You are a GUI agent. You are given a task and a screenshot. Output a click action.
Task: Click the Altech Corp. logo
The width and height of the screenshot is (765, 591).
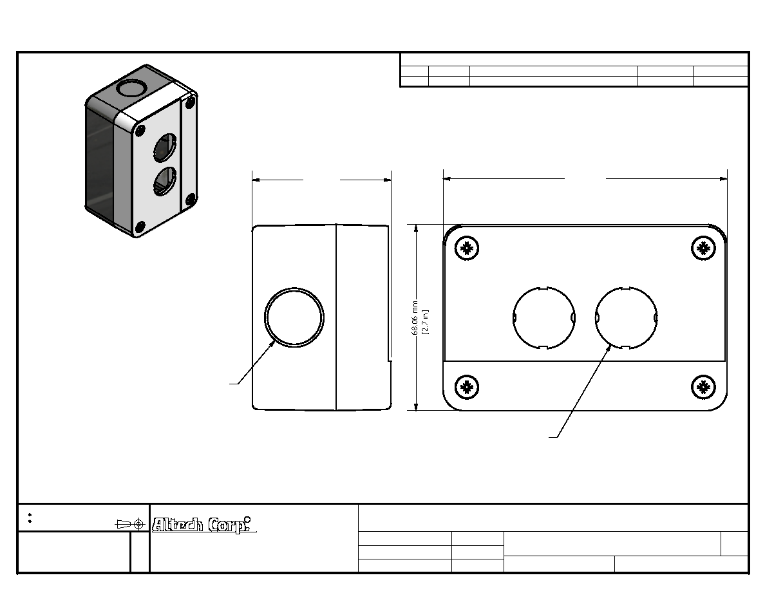[x=203, y=525]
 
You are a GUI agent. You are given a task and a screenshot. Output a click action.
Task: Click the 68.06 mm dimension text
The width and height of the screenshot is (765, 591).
[x=415, y=318]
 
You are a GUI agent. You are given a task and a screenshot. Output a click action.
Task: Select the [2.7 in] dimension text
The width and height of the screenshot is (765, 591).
[x=426, y=322]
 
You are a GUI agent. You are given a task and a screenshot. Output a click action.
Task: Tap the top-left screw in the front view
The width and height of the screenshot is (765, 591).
[x=467, y=249]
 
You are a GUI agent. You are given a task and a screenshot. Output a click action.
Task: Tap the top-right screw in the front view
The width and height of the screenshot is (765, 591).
[x=704, y=248]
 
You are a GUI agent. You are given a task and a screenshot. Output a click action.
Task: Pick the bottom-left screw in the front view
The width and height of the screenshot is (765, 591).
[x=467, y=387]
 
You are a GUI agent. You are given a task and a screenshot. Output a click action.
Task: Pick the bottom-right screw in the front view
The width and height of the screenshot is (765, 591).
[x=704, y=387]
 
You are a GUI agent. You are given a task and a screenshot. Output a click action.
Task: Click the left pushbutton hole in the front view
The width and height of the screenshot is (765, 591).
[x=544, y=318]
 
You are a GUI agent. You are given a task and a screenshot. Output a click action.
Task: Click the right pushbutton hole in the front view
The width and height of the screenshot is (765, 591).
[x=627, y=318]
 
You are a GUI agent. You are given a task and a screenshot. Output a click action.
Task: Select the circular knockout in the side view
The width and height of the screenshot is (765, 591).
[x=294, y=317]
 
